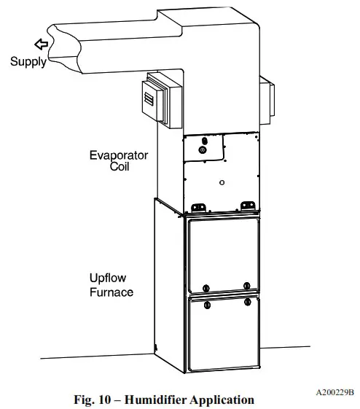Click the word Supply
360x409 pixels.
coord(28,62)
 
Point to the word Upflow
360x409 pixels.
coord(109,279)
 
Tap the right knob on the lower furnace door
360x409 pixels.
coord(247,301)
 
